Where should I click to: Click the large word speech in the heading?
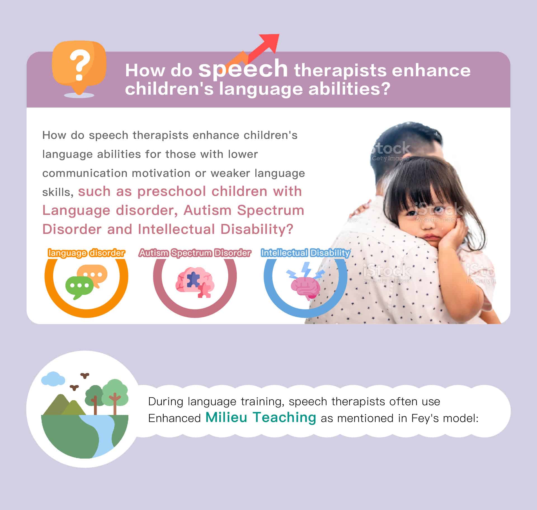[243, 69]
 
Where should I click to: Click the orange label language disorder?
[86, 253]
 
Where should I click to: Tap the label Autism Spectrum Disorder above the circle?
[195, 253]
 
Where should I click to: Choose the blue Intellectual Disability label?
[305, 253]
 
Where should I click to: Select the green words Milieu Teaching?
[261, 418]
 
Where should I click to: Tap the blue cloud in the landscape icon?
[53, 378]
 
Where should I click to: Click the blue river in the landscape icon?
[100, 436]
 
